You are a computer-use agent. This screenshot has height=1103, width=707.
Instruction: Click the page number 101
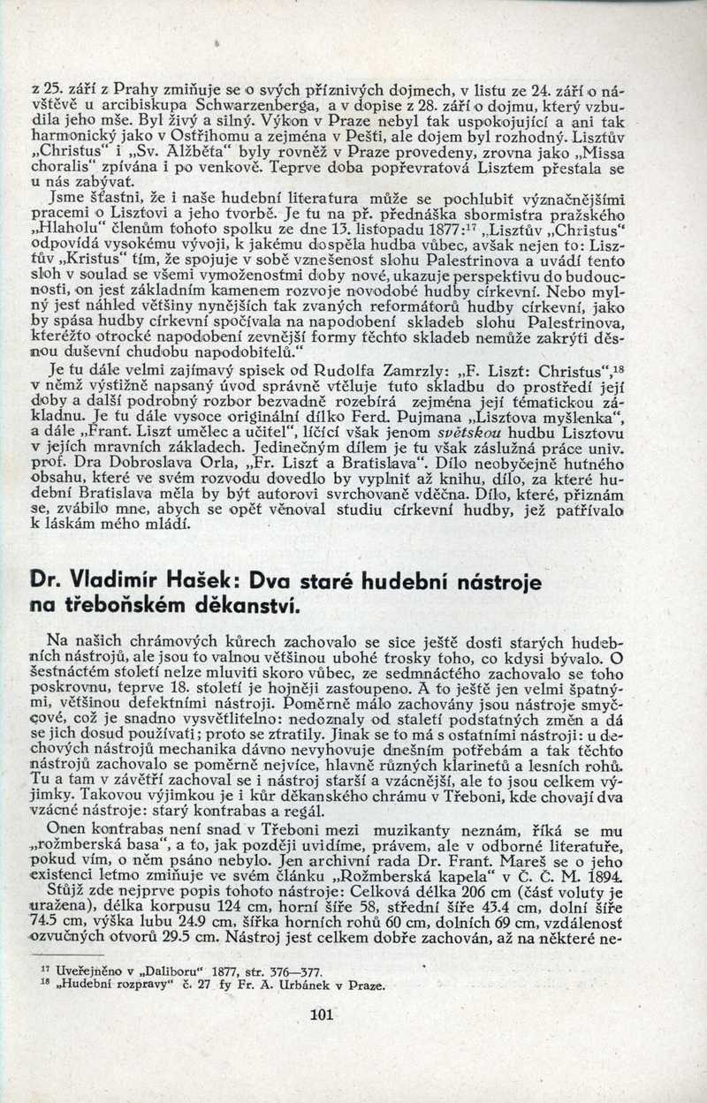point(319,1014)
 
